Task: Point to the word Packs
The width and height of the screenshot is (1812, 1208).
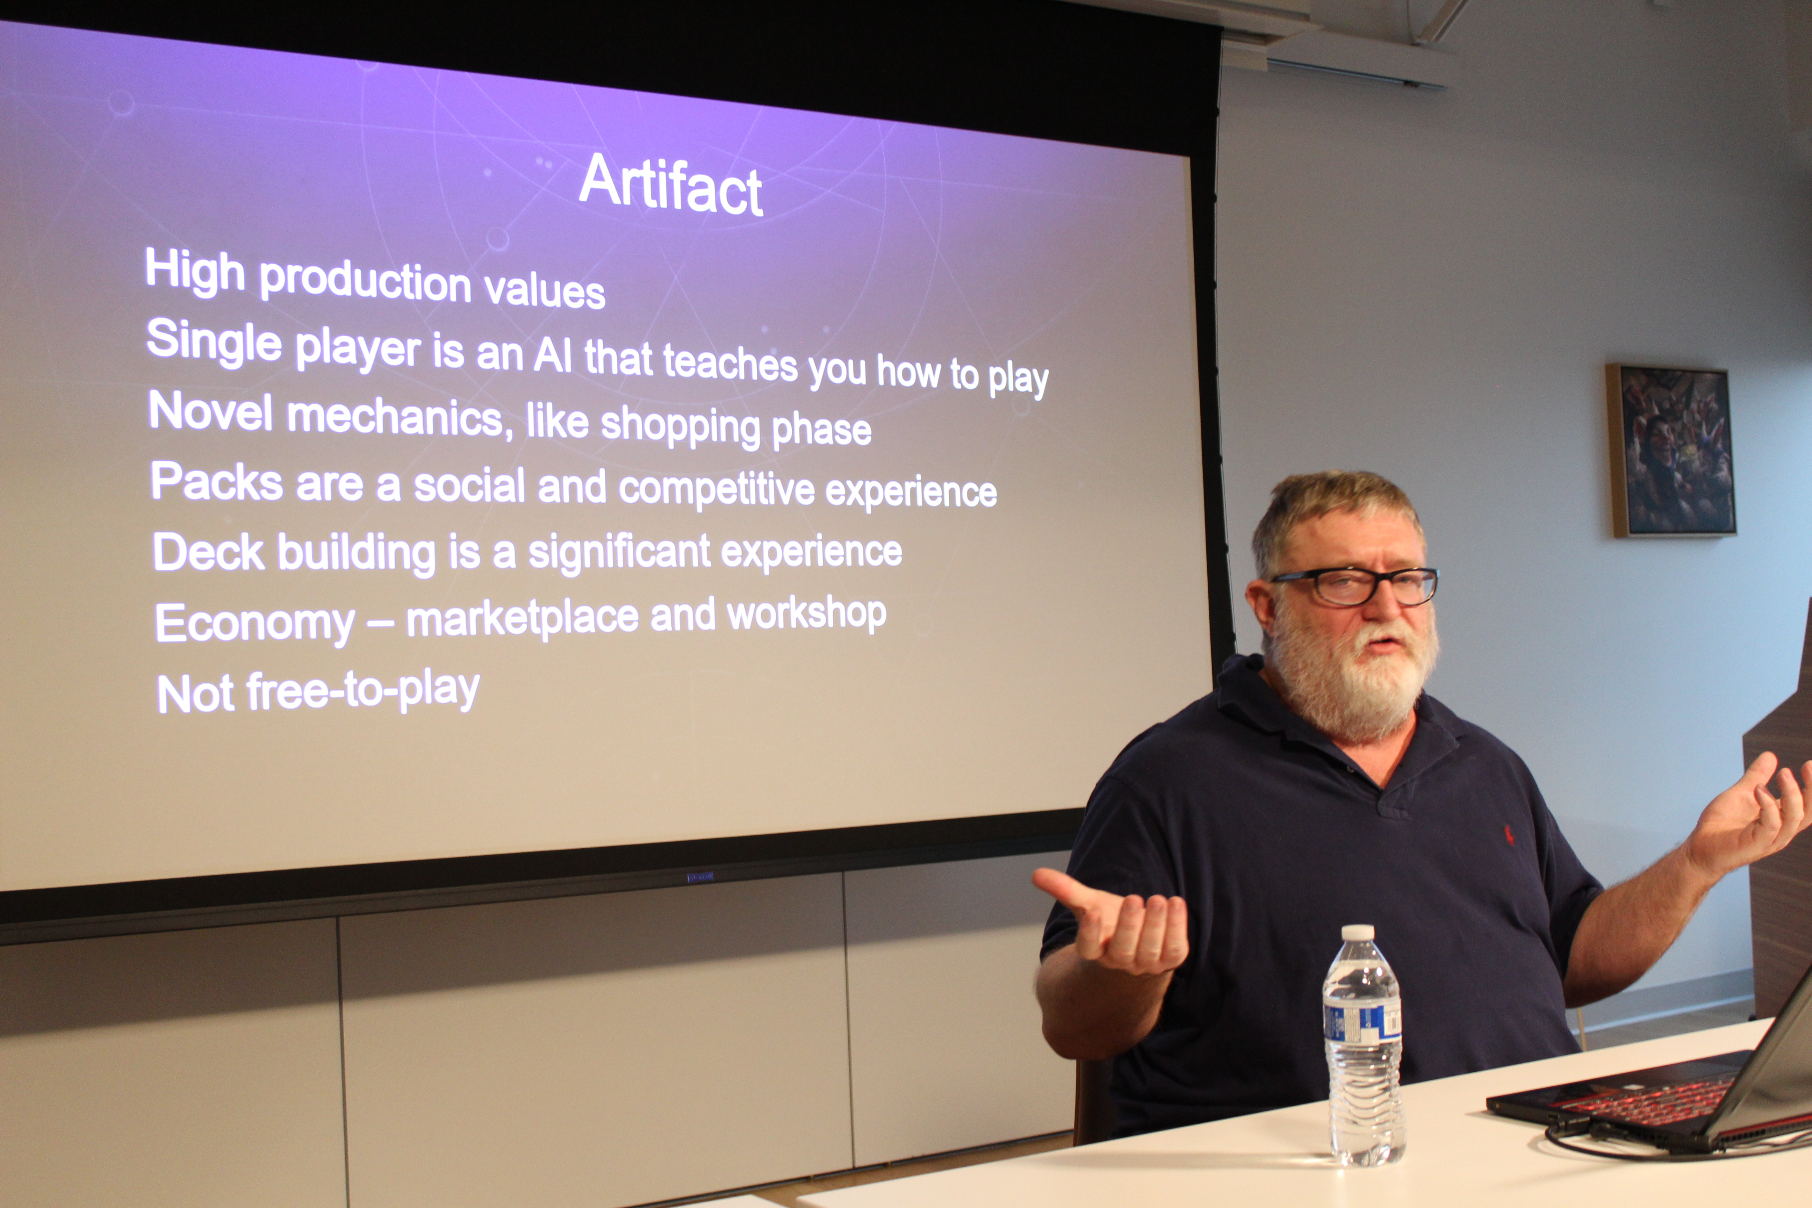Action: point(217,482)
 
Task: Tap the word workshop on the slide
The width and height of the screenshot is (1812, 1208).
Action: point(807,615)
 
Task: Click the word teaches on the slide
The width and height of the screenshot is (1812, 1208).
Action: point(730,364)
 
